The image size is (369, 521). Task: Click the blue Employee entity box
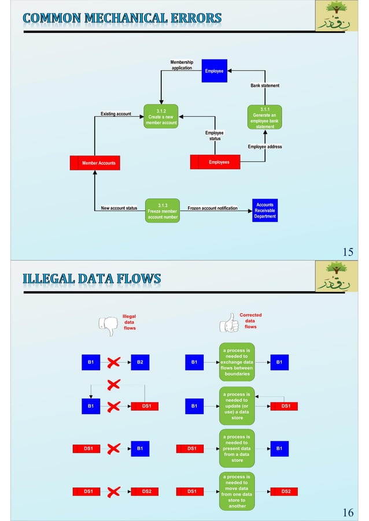point(214,70)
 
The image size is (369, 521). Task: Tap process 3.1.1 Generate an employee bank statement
point(265,117)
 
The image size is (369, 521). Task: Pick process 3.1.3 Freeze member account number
point(162,211)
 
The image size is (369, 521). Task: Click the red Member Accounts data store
point(94,163)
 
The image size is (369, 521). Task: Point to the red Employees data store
point(215,162)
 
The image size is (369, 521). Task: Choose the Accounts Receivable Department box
point(265,210)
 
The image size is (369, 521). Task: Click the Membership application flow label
point(182,65)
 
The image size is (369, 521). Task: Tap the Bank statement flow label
point(265,85)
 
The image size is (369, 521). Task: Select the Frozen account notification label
point(212,207)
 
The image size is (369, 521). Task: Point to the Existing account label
point(116,114)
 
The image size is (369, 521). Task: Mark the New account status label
point(119,207)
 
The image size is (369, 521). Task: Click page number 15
point(348,252)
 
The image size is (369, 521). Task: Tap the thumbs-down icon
point(108,325)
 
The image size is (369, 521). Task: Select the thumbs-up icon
point(229,324)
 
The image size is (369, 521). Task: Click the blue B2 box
point(140,362)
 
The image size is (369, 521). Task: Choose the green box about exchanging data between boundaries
point(237,362)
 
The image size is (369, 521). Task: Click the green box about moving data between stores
point(237,492)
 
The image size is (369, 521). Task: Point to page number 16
point(348,512)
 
